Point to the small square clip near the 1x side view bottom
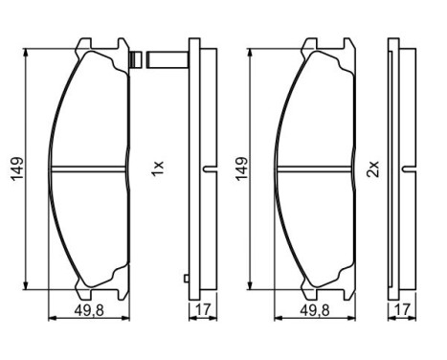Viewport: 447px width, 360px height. click(185, 279)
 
